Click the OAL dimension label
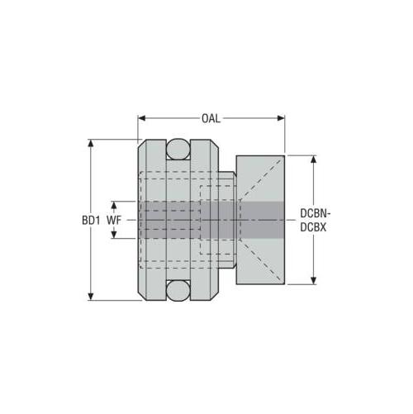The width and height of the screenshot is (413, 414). [211, 118]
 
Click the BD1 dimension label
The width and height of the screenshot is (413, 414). [91, 220]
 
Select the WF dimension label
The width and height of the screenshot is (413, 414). [114, 220]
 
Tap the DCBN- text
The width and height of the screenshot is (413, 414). [316, 213]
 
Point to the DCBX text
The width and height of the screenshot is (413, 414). [313, 227]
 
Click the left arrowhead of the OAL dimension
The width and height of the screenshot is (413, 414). [141, 118]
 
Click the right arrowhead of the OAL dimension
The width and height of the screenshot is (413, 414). [281, 118]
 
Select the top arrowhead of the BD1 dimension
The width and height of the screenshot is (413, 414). [91, 143]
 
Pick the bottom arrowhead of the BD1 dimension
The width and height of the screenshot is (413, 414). [91, 297]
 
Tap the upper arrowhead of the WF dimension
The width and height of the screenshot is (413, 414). [114, 205]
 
